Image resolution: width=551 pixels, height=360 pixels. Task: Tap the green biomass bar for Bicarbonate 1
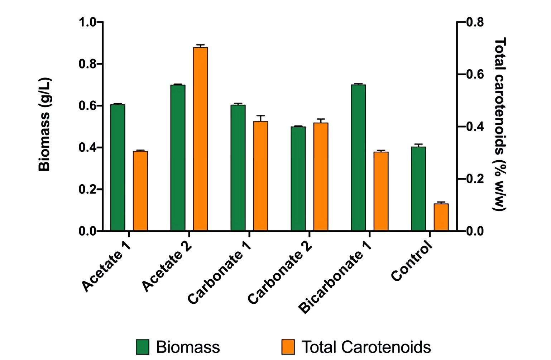358,158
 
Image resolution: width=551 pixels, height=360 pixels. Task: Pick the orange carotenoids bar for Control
441,217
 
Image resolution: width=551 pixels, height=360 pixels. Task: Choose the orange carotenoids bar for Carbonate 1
260,176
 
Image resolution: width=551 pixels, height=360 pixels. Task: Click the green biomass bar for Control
418,189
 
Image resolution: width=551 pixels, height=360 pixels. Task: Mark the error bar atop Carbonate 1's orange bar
260,118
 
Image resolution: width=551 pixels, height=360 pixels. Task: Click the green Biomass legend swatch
143,347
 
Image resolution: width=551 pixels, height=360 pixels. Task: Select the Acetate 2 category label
167,266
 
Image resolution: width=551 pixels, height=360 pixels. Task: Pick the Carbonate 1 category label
219,272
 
